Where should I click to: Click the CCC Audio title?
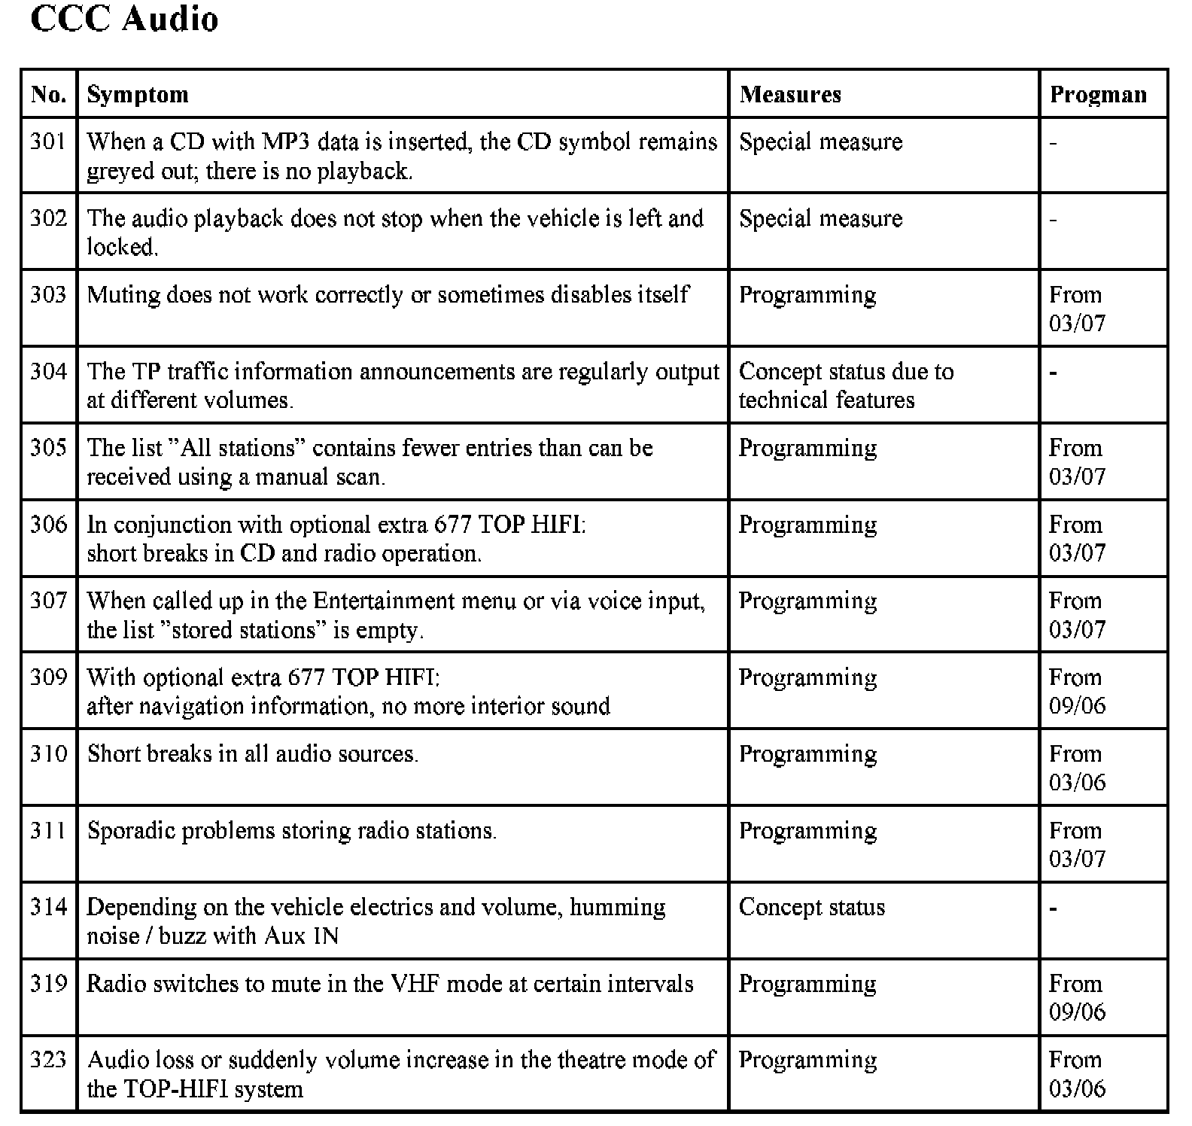pyautogui.click(x=124, y=19)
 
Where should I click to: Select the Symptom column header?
pyautogui.click(x=138, y=95)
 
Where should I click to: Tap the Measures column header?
pyautogui.click(x=790, y=95)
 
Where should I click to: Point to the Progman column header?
pyautogui.click(x=1098, y=95)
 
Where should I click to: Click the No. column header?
pyautogui.click(x=49, y=95)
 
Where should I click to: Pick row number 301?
pyautogui.click(x=49, y=142)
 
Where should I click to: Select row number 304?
pyautogui.click(x=49, y=371)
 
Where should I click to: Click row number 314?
pyautogui.click(x=49, y=907)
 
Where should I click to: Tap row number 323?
pyautogui.click(x=49, y=1060)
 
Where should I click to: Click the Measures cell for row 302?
pyautogui.click(x=820, y=219)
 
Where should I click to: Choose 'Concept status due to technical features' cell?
pyautogui.click(x=846, y=385)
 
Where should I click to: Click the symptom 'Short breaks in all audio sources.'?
pyautogui.click(x=253, y=754)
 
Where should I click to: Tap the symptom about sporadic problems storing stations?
pyautogui.click(x=292, y=831)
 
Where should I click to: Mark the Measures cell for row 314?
pyautogui.click(x=812, y=908)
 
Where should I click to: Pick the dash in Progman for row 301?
pyautogui.click(x=1054, y=143)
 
